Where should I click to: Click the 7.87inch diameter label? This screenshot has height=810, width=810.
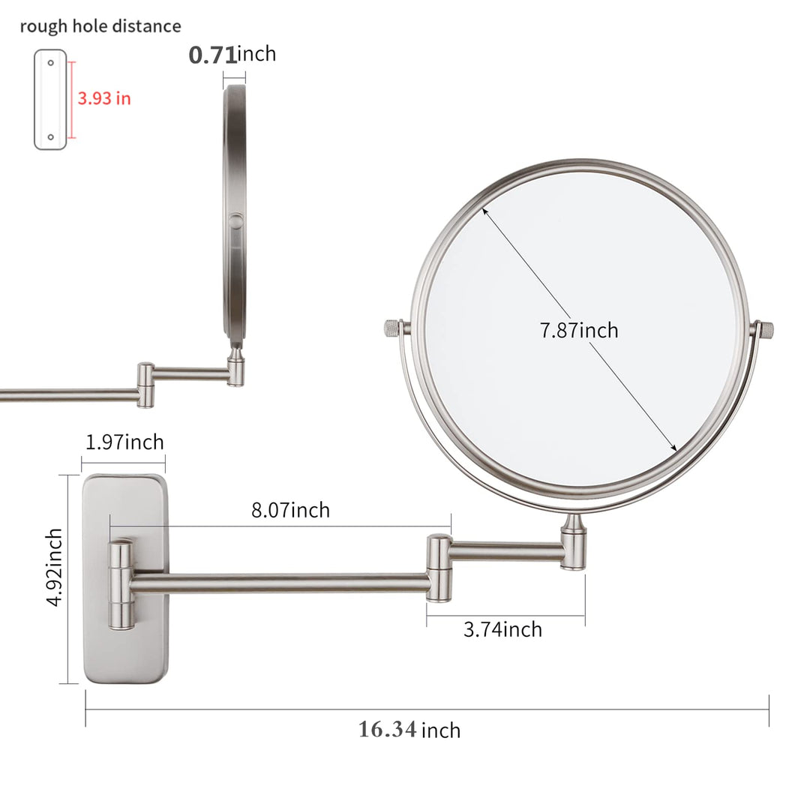point(578,330)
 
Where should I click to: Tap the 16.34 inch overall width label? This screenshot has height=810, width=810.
point(409,730)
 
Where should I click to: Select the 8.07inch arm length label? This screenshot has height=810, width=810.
point(290,510)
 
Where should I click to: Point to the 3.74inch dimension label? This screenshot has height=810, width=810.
point(502,629)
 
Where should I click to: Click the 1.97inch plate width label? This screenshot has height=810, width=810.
point(124,442)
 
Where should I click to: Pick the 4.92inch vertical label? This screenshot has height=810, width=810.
point(54,567)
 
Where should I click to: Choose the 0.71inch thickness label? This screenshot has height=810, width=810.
point(232,54)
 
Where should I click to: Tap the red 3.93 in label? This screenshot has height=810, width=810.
point(104,98)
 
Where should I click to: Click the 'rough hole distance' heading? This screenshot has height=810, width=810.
point(100,26)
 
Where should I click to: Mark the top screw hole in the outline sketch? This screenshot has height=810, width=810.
point(51,62)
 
